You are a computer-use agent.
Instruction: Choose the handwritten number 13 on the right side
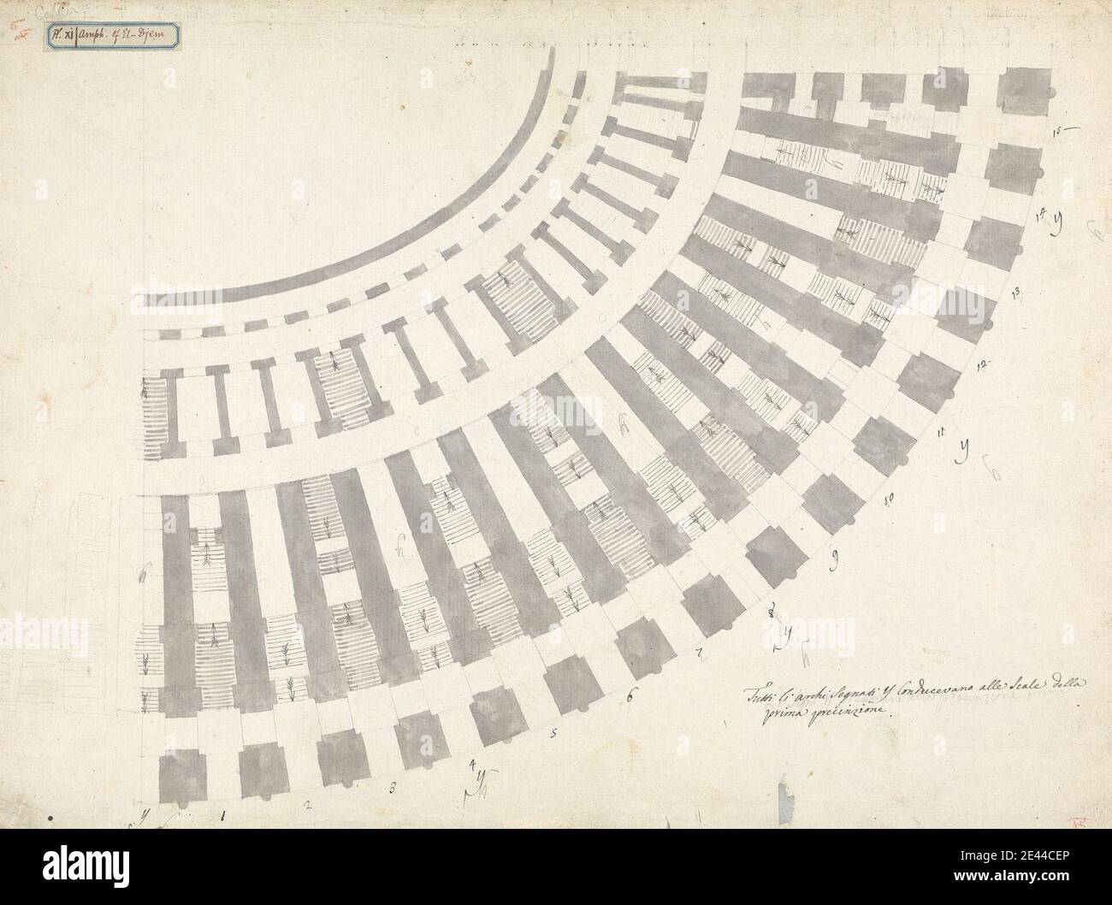tap(1016, 293)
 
